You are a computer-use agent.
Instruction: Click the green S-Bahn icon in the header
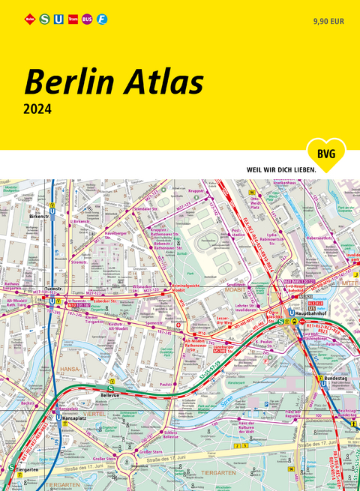coord(44,18)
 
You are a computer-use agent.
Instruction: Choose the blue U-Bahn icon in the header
coord(58,18)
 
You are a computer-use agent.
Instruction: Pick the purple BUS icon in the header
coord(87,18)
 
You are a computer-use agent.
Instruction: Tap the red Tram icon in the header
coord(73,18)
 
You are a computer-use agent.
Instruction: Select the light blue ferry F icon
coord(102,18)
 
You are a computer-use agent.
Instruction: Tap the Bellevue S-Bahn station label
coord(111,391)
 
